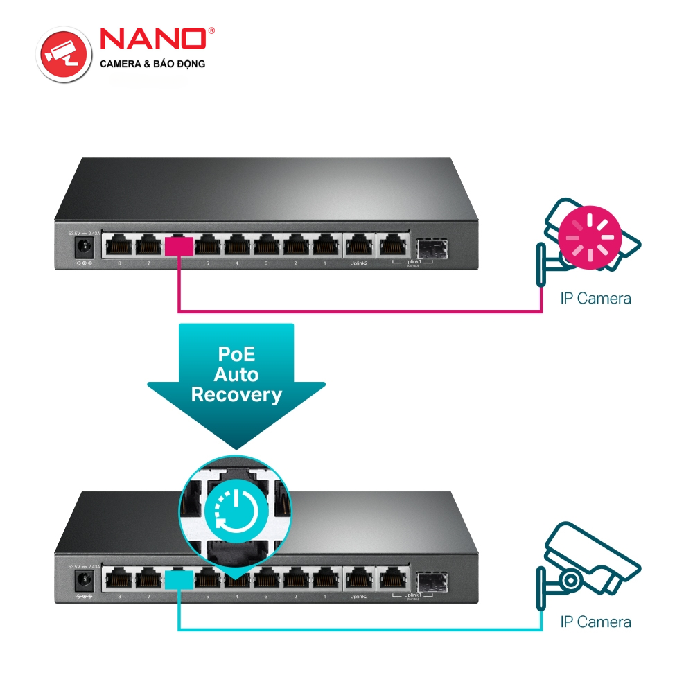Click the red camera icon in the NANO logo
tap(64, 52)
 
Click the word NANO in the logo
tap(153, 39)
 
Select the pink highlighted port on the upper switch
tap(179, 246)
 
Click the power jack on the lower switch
tap(85, 579)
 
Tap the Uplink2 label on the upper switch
tap(358, 264)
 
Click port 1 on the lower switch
tap(324, 578)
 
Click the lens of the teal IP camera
tap(570, 579)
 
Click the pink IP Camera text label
tap(595, 299)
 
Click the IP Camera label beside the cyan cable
tap(595, 622)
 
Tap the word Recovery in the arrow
tap(236, 395)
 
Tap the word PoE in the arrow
tap(236, 354)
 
